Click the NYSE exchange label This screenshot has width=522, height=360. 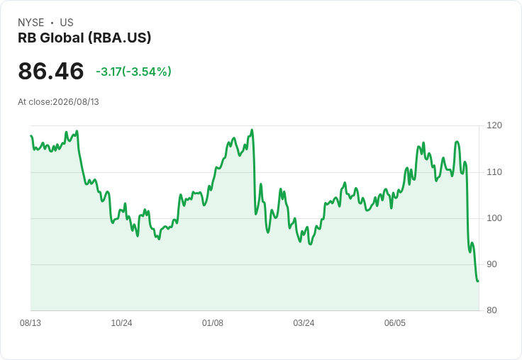click(x=31, y=23)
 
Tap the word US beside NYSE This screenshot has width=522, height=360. click(x=67, y=23)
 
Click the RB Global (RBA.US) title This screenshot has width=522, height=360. click(x=84, y=38)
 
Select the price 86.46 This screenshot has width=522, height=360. click(x=51, y=71)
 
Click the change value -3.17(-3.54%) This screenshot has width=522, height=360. click(x=133, y=72)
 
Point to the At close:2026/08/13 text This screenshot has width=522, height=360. click(x=58, y=102)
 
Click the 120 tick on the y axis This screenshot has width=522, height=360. click(x=494, y=125)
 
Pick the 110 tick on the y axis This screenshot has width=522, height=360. click(x=494, y=172)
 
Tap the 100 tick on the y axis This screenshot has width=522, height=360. click(x=494, y=218)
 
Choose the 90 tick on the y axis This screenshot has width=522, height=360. click(x=492, y=264)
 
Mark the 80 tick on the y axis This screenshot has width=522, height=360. click(x=492, y=310)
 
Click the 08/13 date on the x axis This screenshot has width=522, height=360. click(x=30, y=323)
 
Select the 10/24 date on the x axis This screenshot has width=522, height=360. click(x=121, y=323)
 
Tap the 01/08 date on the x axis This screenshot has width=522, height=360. click(x=213, y=323)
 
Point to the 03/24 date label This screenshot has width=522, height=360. click(x=304, y=323)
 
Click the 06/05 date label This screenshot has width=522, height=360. click(x=395, y=323)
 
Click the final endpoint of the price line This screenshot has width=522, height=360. click(x=479, y=281)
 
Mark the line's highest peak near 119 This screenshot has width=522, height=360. click(x=252, y=130)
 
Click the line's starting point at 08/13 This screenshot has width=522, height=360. click(x=31, y=135)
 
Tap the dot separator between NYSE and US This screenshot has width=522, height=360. click(x=52, y=23)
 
